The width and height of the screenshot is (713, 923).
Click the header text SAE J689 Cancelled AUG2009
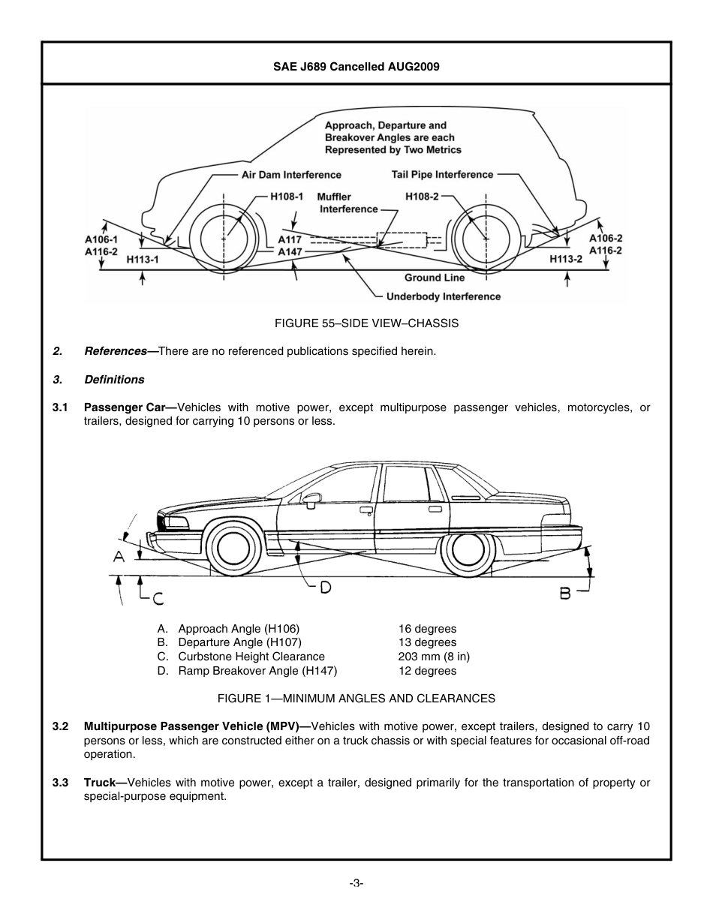click(356, 66)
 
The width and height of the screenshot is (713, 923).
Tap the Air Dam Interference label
click(290, 175)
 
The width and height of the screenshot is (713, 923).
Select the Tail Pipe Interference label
click(442, 175)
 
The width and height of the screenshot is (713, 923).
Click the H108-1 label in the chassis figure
click(286, 197)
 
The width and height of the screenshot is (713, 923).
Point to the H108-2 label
click(422, 197)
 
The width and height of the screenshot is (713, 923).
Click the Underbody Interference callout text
click(443, 296)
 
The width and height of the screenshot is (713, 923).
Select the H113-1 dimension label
click(143, 259)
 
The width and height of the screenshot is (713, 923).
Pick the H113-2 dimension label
click(566, 259)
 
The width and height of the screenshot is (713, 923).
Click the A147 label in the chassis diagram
click(290, 252)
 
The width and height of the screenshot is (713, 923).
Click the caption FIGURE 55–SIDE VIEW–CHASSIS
click(356, 323)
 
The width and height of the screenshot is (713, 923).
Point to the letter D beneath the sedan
click(325, 588)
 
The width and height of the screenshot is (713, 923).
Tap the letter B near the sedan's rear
click(565, 594)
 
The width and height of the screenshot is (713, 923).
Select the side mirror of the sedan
click(311, 498)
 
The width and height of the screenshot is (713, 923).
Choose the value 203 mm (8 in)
click(434, 657)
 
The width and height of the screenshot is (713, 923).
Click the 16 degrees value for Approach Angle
click(427, 629)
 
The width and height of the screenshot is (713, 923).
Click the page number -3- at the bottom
click(356, 884)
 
